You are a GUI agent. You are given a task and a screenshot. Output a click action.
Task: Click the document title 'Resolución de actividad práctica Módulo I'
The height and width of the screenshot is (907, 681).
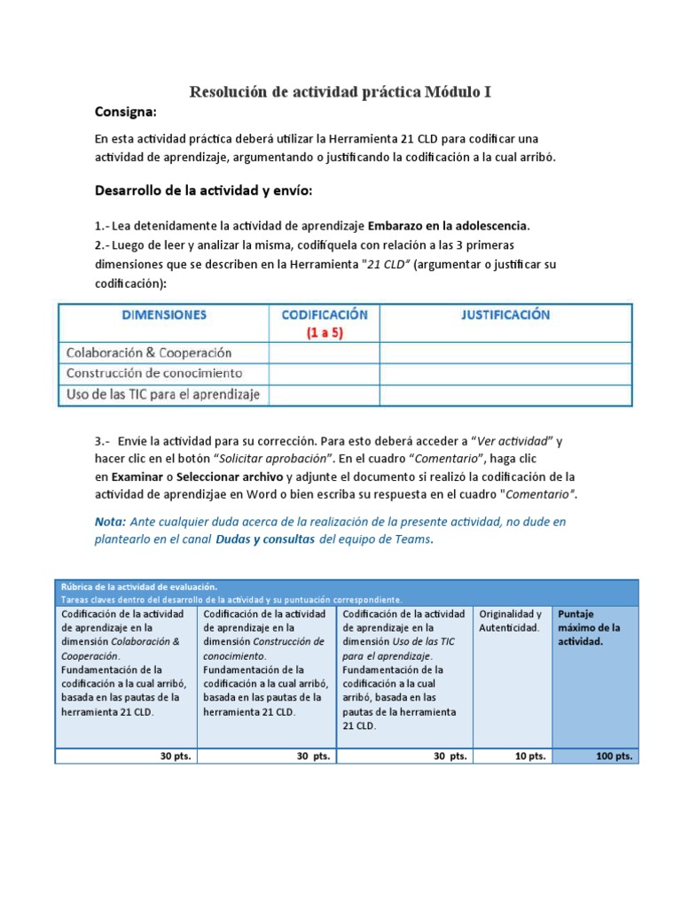340,92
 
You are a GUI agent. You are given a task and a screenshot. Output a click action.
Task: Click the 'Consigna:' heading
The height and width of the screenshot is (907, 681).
125,112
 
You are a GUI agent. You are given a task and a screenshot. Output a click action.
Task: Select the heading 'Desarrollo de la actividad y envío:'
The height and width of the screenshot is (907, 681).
203,191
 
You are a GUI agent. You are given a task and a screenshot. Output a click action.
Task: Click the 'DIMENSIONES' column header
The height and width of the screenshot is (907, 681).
164,315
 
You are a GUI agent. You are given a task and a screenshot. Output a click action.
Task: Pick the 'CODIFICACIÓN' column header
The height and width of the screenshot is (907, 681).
324,315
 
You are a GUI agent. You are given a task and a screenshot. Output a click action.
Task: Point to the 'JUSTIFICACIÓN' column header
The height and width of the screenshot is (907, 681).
505,315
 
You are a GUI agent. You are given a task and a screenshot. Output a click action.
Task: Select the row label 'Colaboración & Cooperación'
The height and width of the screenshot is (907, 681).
149,353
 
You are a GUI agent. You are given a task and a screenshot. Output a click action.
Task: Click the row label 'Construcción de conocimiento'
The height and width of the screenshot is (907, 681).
154,374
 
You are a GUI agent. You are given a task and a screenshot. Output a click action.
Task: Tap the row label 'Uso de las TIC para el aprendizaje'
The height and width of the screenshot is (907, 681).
163,395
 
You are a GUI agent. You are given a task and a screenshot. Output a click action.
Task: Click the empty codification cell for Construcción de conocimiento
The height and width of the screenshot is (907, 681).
324,374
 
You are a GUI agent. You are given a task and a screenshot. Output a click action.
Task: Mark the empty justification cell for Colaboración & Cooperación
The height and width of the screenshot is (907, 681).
505,353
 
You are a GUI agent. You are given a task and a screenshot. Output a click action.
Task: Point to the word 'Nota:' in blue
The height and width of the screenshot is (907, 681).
111,522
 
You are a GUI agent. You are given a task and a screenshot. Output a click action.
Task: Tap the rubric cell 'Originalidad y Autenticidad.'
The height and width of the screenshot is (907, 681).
511,620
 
